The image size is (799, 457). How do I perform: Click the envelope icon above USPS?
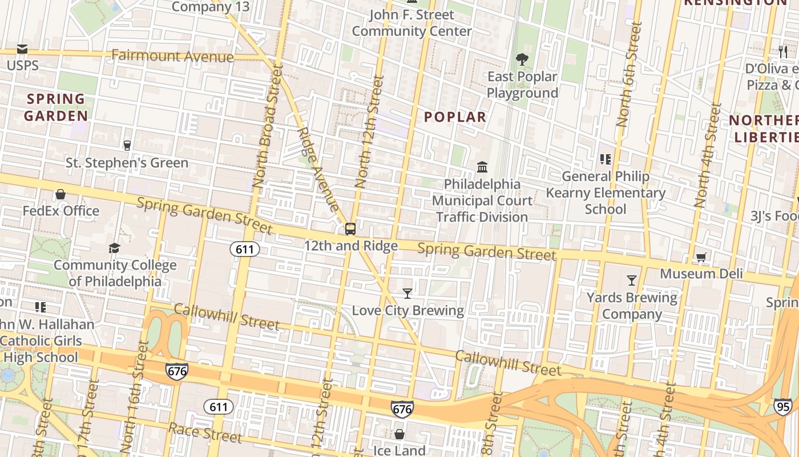(x=22, y=49)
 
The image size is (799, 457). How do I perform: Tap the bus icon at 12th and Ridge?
(x=350, y=229)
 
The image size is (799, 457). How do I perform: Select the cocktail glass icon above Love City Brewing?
(x=407, y=294)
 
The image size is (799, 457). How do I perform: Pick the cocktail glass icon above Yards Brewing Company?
(x=631, y=280)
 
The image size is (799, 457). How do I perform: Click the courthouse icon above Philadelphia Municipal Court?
(x=482, y=167)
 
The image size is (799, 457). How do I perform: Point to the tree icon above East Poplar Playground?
(x=522, y=59)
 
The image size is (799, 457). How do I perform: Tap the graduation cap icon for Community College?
(x=115, y=248)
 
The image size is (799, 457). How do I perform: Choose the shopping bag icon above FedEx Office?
(x=60, y=194)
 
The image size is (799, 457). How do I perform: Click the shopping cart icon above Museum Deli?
(x=701, y=257)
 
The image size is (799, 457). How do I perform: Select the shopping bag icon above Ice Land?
(x=399, y=434)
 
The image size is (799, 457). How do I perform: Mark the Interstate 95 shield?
(x=783, y=406)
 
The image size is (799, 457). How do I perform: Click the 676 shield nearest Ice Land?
(x=402, y=409)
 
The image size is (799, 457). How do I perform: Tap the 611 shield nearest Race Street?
(x=218, y=407)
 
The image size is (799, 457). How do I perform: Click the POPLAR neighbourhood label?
(x=455, y=117)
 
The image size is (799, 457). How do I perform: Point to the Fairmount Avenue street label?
(x=172, y=56)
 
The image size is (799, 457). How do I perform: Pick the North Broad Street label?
(x=268, y=127)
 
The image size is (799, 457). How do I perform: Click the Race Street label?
(x=205, y=432)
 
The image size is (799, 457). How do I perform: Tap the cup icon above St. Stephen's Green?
(x=127, y=146)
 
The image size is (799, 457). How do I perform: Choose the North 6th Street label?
(x=629, y=74)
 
